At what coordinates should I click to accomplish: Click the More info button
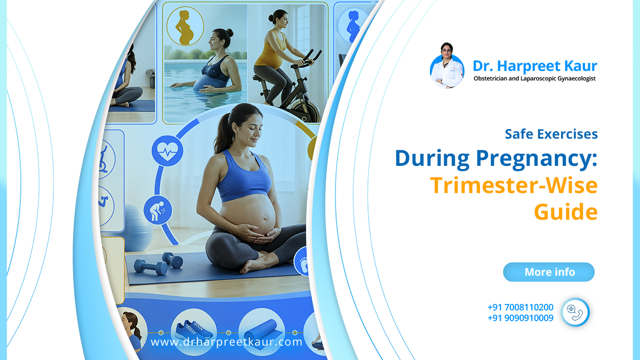click(x=549, y=272)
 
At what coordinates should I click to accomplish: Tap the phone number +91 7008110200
click(x=521, y=307)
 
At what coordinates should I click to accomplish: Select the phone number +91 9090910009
click(x=521, y=318)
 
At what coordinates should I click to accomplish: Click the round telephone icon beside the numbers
click(x=575, y=313)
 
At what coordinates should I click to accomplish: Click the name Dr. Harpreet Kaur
click(x=535, y=66)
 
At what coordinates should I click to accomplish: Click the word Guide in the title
click(x=566, y=212)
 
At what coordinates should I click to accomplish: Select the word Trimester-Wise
click(x=514, y=185)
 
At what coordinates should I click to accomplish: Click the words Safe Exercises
click(x=551, y=134)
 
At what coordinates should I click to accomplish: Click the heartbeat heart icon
click(x=167, y=151)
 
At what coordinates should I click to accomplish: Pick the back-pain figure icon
click(x=158, y=210)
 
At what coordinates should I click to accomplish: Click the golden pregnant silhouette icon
click(x=185, y=27)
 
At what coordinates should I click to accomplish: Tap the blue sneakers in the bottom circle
click(x=194, y=330)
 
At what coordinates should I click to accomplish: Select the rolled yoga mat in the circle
click(x=261, y=331)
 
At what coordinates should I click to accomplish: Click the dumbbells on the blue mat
click(x=158, y=264)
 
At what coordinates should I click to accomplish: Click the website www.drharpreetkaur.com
click(x=226, y=342)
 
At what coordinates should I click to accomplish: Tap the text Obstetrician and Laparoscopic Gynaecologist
click(x=534, y=78)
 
